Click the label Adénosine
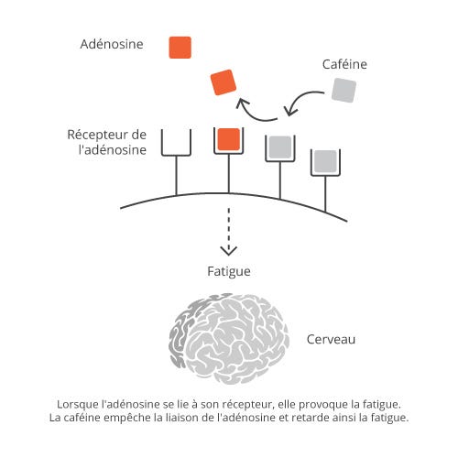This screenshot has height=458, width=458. click(112, 44)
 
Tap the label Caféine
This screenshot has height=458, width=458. click(344, 64)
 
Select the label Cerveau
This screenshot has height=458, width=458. click(331, 339)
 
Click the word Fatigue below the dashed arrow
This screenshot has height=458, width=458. click(229, 271)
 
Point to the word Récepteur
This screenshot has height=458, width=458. click(97, 135)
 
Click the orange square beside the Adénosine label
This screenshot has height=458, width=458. click(180, 48)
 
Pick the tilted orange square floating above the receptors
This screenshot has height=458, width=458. click(224, 82)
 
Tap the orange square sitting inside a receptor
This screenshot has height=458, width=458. click(229, 139)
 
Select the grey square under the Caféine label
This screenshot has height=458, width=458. click(343, 90)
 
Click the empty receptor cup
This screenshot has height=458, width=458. click(176, 155)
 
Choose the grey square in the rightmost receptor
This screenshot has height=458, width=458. click(325, 161)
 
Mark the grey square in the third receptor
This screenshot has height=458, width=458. click(280, 147)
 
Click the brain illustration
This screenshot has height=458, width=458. click(229, 339)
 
